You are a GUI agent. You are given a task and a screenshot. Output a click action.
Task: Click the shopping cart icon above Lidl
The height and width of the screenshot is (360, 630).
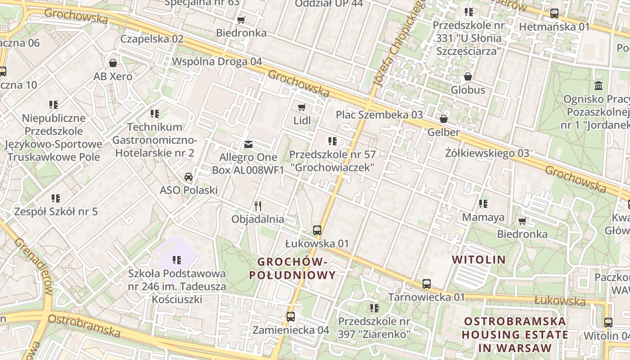pyautogui.click(x=301, y=107)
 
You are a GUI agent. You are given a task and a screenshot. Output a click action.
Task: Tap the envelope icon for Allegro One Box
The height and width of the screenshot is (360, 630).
pyautogui.click(x=248, y=144)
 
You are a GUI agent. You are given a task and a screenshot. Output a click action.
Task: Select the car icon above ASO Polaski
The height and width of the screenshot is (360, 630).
pyautogui.click(x=189, y=176)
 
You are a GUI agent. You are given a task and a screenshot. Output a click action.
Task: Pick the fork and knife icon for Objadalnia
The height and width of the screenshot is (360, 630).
pyautogui.click(x=258, y=206)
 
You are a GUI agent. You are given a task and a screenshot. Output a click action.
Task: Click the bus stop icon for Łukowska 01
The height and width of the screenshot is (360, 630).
pyautogui.click(x=317, y=230)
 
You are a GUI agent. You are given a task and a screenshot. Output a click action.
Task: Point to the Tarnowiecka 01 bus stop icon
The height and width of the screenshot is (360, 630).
pyautogui.click(x=426, y=284)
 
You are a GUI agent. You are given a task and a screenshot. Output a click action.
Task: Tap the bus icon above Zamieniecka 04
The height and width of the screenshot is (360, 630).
pyautogui.click(x=291, y=317)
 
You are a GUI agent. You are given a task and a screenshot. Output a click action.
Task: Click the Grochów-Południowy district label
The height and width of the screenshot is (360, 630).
pyautogui.click(x=292, y=268)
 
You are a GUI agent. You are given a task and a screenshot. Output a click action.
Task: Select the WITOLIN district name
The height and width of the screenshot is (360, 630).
pyautogui.click(x=479, y=260)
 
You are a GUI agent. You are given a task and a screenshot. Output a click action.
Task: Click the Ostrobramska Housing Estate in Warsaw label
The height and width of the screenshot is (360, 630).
pyautogui.click(x=515, y=334)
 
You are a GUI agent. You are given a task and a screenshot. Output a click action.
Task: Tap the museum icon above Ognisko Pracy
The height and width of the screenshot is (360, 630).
pyautogui.click(x=598, y=85)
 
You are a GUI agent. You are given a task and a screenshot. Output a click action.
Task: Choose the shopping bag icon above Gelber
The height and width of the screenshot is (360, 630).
pyautogui.click(x=444, y=119)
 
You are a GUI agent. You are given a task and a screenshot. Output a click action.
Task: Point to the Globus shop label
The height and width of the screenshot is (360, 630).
pyautogui.click(x=468, y=90)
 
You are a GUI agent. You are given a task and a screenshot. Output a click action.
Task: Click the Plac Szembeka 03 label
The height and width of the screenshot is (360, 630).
pyautogui.click(x=379, y=115)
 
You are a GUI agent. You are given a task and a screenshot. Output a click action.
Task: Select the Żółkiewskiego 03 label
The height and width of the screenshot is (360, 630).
pyautogui.click(x=487, y=153)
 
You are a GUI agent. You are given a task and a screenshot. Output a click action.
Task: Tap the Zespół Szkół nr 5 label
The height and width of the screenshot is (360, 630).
pyautogui.click(x=56, y=211)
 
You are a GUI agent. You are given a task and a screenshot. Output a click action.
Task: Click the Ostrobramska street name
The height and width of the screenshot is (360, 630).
pyautogui.click(x=84, y=325)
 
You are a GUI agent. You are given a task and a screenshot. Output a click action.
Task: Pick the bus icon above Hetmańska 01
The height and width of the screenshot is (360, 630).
pyautogui.click(x=554, y=13)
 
